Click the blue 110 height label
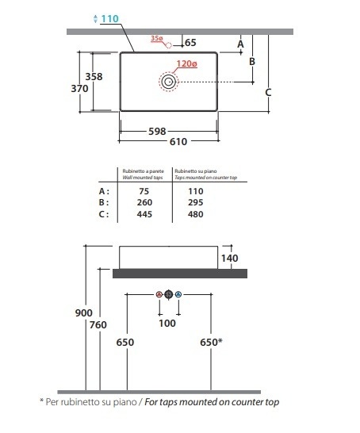(x=110, y=19)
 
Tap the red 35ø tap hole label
(x=157, y=38)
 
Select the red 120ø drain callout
(x=187, y=63)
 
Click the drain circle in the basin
(x=168, y=82)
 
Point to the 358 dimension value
(x=94, y=76)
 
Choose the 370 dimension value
(x=80, y=88)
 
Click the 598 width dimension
(x=157, y=131)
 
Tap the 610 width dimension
(x=178, y=142)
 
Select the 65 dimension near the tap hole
(x=190, y=43)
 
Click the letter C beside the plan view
(x=268, y=92)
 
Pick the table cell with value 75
(x=144, y=191)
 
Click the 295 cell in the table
(x=195, y=202)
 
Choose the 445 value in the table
(x=144, y=214)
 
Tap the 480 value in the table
(x=195, y=214)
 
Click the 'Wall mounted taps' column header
(x=143, y=178)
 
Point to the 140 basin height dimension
(x=230, y=259)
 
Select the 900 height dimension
(x=83, y=313)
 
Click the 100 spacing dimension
(x=167, y=323)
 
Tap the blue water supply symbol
(x=178, y=294)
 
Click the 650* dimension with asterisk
(x=211, y=342)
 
